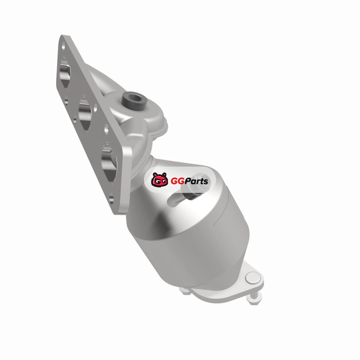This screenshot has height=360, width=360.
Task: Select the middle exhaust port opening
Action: [85, 113]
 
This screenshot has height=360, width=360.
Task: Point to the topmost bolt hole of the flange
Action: [63, 46]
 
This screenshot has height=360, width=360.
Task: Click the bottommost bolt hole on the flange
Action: [111, 198]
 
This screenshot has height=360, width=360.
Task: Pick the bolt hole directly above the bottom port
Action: [106, 129]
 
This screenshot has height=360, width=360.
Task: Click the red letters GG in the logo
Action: [177, 181]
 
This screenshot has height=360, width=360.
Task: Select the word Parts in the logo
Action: [197, 181]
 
